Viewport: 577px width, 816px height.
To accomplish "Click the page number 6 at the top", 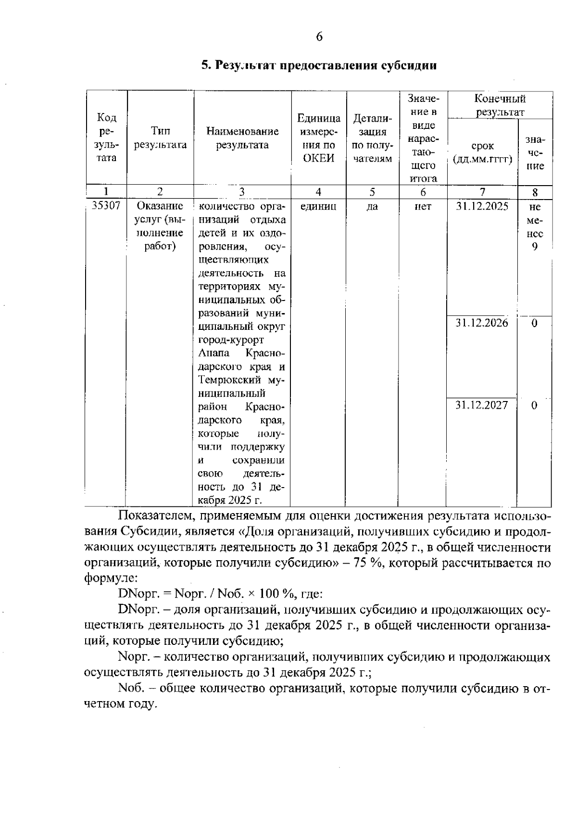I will tap(319, 37).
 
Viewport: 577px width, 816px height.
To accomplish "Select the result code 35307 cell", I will tap(106, 206).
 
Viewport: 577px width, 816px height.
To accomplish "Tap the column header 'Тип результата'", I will tap(160, 138).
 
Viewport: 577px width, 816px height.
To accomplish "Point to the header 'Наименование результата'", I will tap(242, 138).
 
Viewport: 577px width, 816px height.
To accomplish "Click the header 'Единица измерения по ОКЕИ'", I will tap(319, 138).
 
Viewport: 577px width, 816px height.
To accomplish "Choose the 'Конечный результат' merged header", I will tap(500, 105).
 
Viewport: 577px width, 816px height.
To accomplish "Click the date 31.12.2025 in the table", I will tap(482, 207).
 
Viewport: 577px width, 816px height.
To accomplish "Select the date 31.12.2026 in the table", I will tap(482, 323).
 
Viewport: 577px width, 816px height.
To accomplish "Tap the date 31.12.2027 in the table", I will tap(482, 405).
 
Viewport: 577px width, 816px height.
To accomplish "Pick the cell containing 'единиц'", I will tap(318, 207).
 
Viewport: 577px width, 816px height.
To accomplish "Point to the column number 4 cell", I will tap(318, 192).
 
